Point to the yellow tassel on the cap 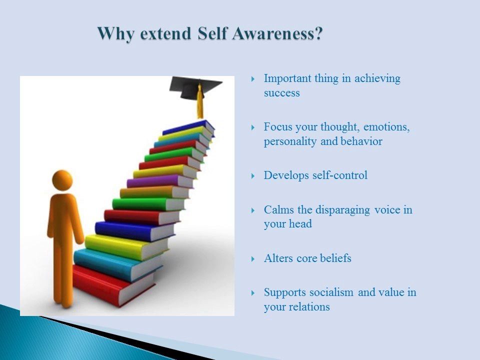[x=200, y=102]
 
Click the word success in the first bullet [x=281, y=93]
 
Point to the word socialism [x=329, y=292]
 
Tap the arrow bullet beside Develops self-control [x=253, y=176]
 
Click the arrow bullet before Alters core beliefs [x=253, y=259]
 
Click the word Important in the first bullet [x=287, y=78]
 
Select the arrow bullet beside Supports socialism [x=253, y=293]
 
